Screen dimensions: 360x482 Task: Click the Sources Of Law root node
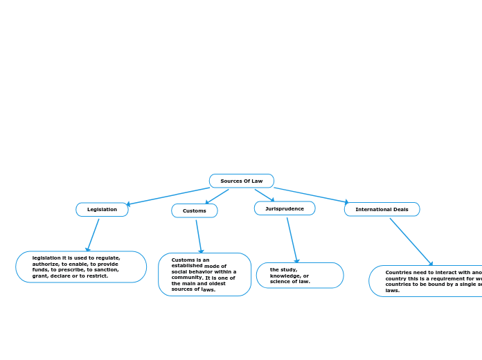coord(241,181)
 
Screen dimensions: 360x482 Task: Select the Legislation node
coord(102,209)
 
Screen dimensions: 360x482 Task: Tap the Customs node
coord(194,210)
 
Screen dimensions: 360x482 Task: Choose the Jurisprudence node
coord(284,208)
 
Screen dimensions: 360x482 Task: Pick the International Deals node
coord(382,209)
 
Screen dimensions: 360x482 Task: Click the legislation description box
coord(81,267)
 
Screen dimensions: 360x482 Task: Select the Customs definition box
coord(204,274)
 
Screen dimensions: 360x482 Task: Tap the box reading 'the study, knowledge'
coord(299,275)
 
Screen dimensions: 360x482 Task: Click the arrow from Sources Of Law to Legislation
coord(168,196)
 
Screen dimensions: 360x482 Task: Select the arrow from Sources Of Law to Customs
coord(217,197)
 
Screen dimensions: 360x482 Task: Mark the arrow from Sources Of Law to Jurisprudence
coord(265,195)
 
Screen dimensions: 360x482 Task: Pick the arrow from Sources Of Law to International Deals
coord(311,195)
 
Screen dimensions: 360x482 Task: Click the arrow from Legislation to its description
coord(93,235)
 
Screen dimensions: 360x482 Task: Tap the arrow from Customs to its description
coord(199,237)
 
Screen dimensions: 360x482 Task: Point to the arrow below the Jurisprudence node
coord(292,240)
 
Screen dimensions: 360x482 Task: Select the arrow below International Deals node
coord(411,242)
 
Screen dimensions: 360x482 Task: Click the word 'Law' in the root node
coord(257,181)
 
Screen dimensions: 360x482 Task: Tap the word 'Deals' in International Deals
coord(400,209)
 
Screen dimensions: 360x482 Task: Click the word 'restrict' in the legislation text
coord(98,276)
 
